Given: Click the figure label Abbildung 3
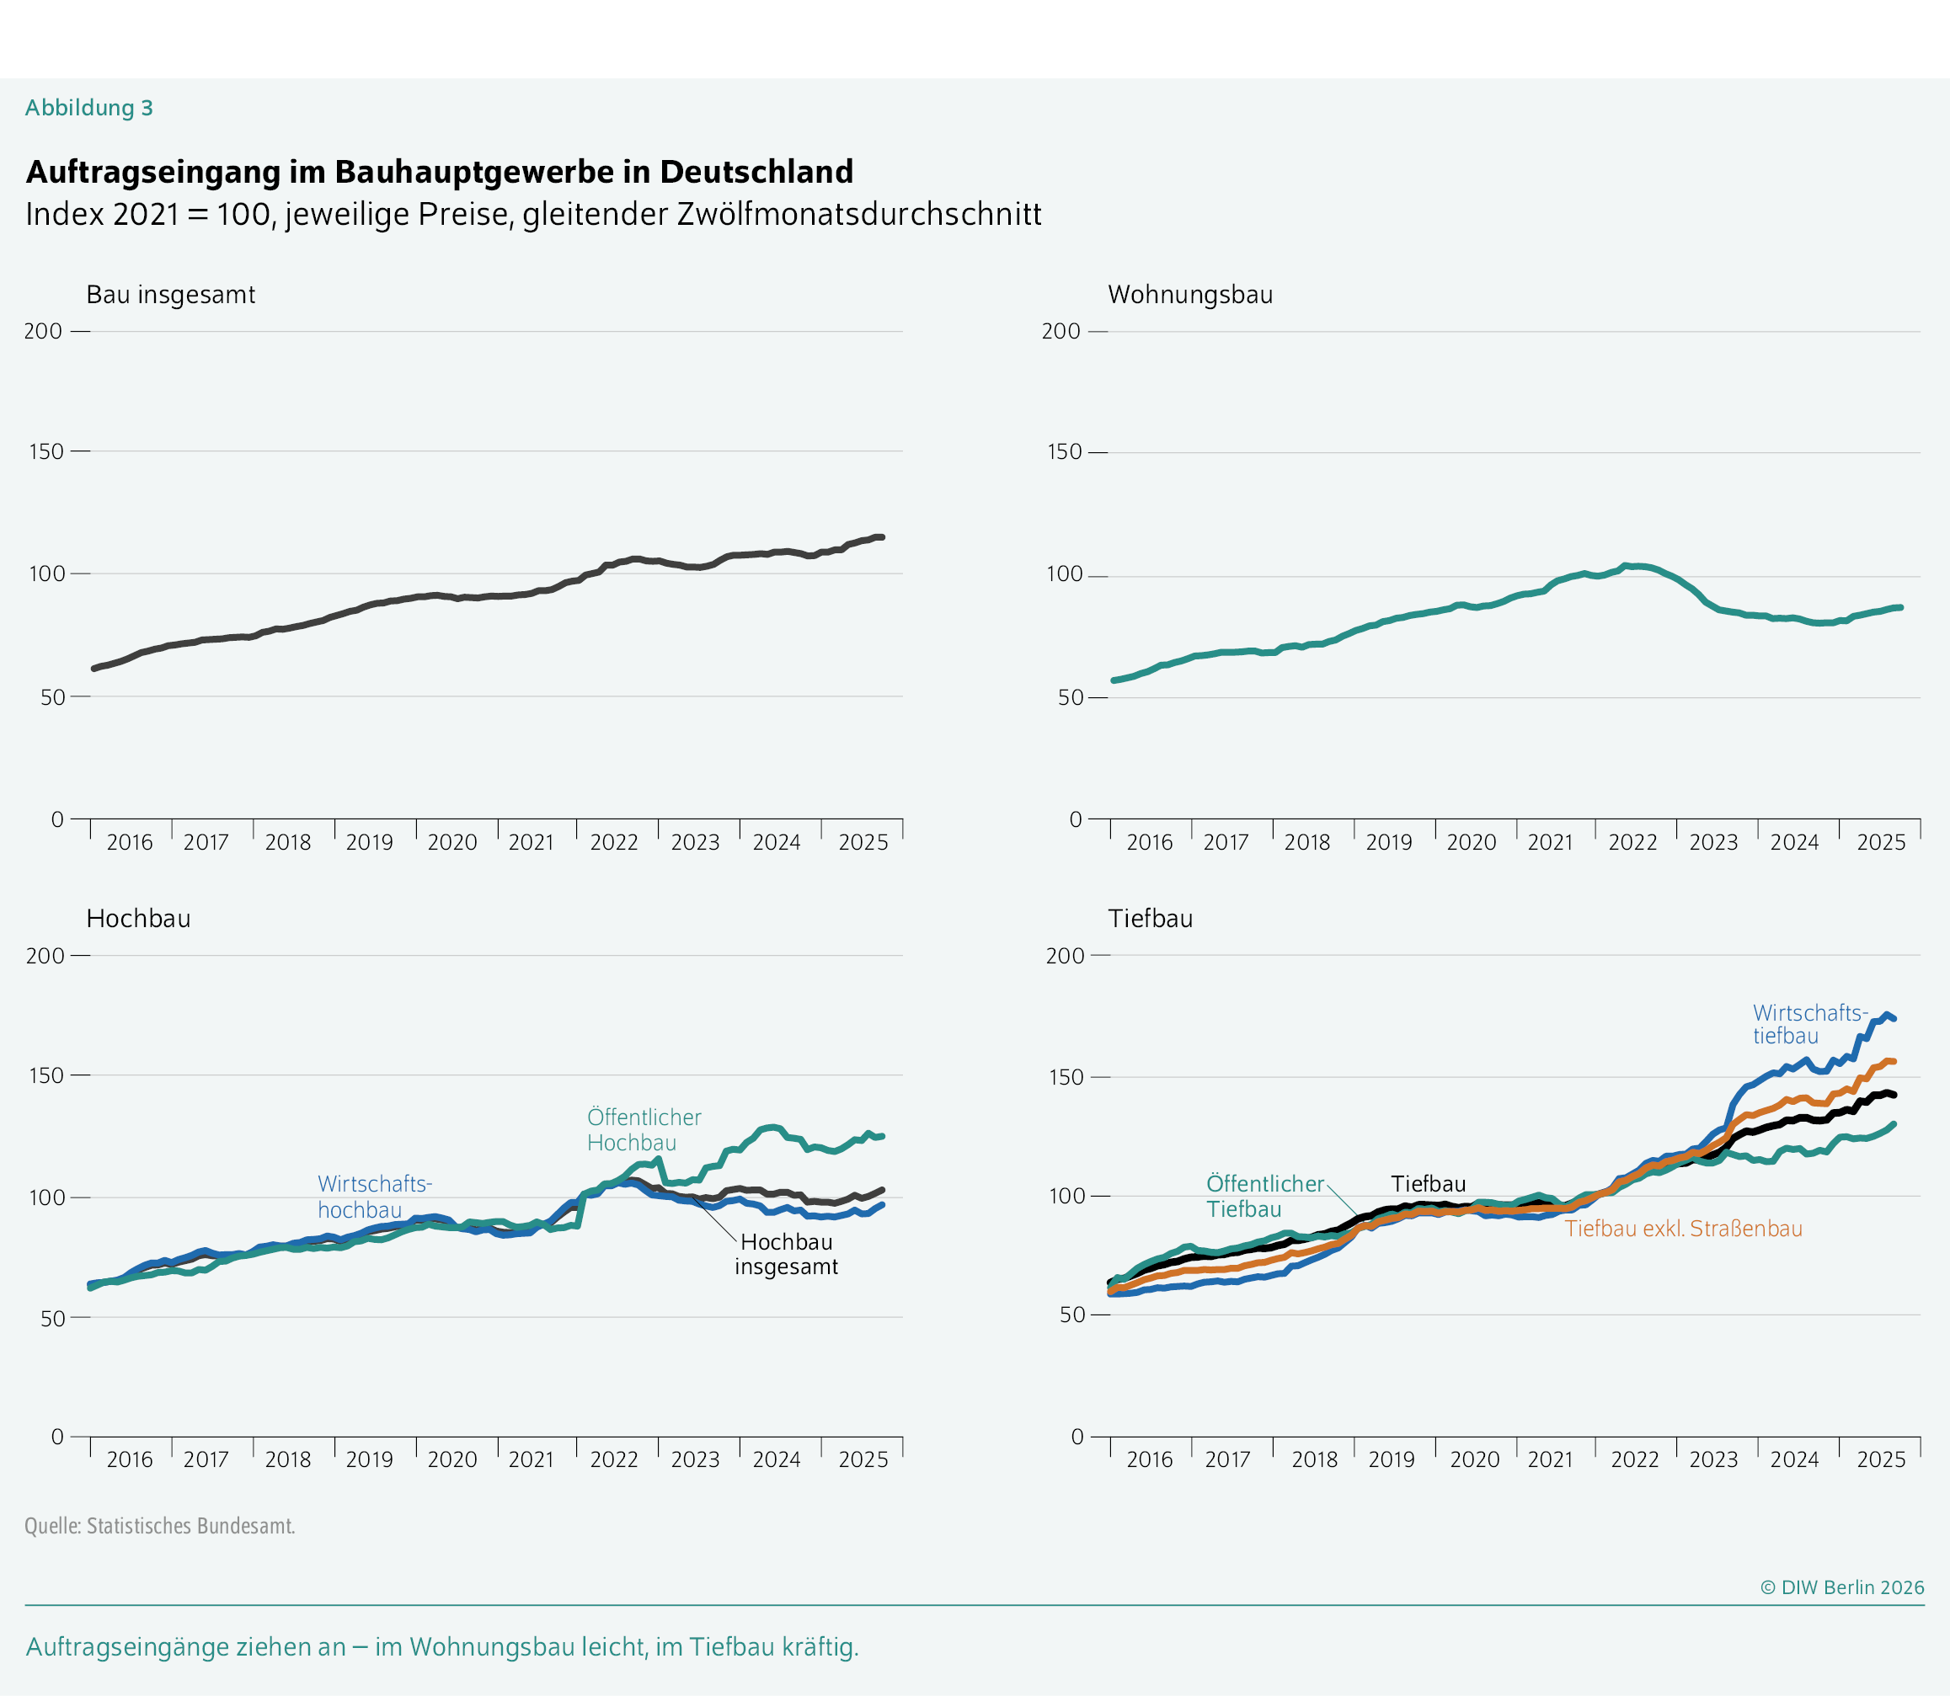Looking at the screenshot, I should point(89,108).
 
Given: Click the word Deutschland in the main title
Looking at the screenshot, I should point(756,173).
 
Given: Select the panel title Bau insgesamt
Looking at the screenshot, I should point(170,295).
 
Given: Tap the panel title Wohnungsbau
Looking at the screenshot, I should point(1190,295).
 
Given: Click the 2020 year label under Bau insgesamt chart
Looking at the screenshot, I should point(451,842).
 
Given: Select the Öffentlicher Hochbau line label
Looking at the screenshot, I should point(643,1129).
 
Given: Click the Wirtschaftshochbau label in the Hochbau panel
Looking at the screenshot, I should point(374,1197).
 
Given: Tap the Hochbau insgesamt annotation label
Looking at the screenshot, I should point(786,1254).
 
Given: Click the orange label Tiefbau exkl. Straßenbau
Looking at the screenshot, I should point(1683,1229).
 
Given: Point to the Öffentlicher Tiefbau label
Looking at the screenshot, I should point(1263,1197).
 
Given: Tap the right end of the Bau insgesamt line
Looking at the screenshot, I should point(881,536).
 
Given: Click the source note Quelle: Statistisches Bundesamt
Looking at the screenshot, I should point(160,1526).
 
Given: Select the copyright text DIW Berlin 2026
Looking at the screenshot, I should point(1842,1587).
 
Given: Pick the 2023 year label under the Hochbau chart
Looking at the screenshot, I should point(695,1459).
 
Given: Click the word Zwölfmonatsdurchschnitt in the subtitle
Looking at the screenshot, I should point(858,214).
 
